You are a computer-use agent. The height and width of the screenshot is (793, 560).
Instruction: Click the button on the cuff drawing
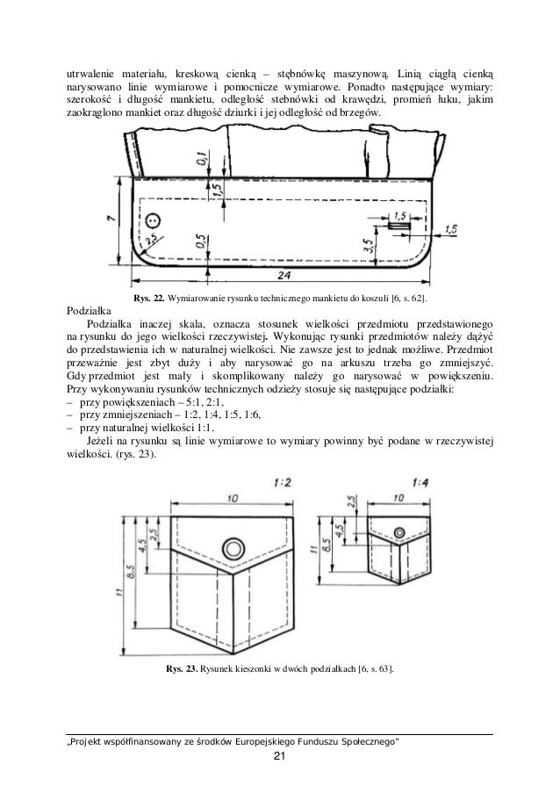154,220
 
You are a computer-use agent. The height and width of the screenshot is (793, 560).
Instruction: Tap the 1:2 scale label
284,483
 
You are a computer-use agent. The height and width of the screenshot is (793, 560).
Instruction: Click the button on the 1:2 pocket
233,550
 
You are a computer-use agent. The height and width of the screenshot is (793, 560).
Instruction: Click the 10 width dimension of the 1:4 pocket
401,498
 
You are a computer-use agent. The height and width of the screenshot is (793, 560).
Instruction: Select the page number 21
280,756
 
